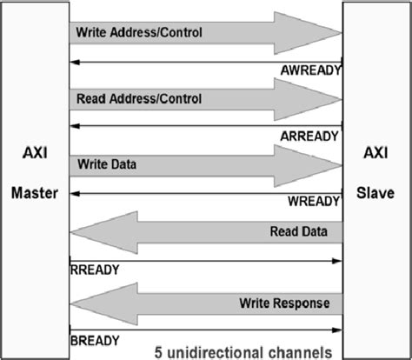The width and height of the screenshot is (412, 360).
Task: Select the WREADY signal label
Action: point(313,201)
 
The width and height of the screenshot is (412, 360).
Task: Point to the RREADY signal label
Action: point(94,270)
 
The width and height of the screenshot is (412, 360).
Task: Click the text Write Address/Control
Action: point(139,33)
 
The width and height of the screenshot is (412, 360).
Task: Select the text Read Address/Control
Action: point(139,99)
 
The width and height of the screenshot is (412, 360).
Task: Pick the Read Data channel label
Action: point(299,231)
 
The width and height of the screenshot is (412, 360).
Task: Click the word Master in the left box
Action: point(34,193)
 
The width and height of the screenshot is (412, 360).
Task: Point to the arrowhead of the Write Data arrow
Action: point(317,166)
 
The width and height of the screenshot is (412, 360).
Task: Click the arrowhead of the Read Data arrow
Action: point(92,232)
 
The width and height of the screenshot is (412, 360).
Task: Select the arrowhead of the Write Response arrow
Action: point(92,303)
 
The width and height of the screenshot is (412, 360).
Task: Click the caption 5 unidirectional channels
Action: point(243,352)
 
